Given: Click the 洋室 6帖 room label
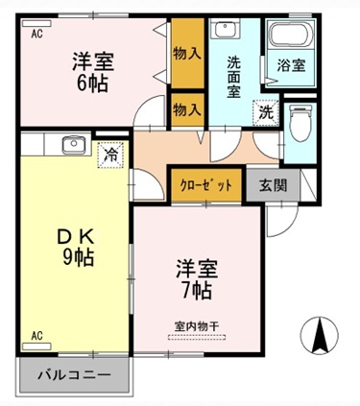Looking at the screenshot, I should pos(92,72).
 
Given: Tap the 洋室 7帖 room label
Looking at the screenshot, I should pos(194,275).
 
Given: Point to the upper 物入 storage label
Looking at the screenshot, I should pos(186,54).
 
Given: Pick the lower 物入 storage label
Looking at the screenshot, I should pos(186,110).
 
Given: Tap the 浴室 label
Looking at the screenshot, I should pos(290,67).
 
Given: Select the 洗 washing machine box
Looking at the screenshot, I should pos(265,110).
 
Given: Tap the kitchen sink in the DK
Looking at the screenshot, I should pos(74,145).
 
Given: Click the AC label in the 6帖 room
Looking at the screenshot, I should pos(36,34).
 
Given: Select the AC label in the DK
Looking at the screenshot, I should pos(36,336).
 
